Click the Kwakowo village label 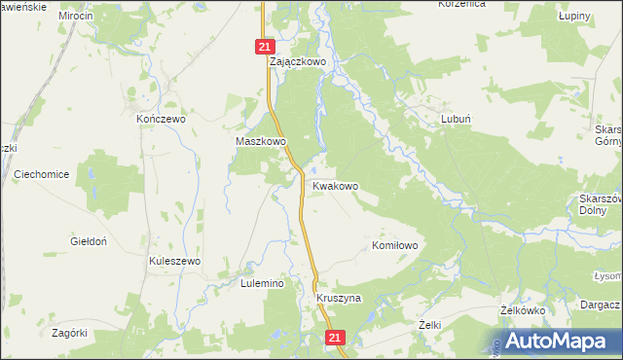pyautogui.click(x=335, y=185)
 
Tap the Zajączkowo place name pyautogui.click(x=297, y=60)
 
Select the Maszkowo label pyautogui.click(x=261, y=141)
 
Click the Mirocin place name pyautogui.click(x=75, y=17)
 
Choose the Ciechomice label pyautogui.click(x=42, y=174)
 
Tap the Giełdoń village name pyautogui.click(x=89, y=240)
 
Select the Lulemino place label pyautogui.click(x=261, y=283)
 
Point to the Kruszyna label pyautogui.click(x=339, y=298)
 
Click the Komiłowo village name pyautogui.click(x=395, y=246)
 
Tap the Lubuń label pyautogui.click(x=457, y=118)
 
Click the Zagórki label pyautogui.click(x=70, y=332)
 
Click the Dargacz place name pyautogui.click(x=599, y=305)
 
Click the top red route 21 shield pyautogui.click(x=267, y=46)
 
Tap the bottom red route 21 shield pyautogui.click(x=335, y=338)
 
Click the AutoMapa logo pyautogui.click(x=553, y=341)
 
